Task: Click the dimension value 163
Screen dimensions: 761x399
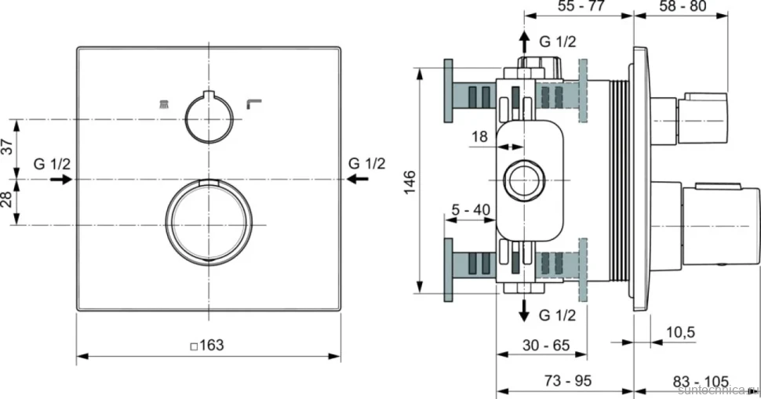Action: (x=212, y=345)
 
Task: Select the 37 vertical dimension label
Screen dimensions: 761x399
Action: (x=7, y=147)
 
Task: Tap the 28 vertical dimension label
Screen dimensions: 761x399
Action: (x=7, y=199)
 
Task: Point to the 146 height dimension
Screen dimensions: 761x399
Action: (x=410, y=182)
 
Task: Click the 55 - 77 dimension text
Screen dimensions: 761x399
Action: (x=581, y=5)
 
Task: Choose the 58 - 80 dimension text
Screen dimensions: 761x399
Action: (x=683, y=5)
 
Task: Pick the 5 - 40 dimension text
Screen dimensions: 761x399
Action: (x=471, y=210)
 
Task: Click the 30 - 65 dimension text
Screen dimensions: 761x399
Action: (x=546, y=345)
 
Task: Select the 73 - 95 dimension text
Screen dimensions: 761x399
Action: (x=568, y=380)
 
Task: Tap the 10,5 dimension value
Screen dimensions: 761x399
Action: (x=680, y=332)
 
